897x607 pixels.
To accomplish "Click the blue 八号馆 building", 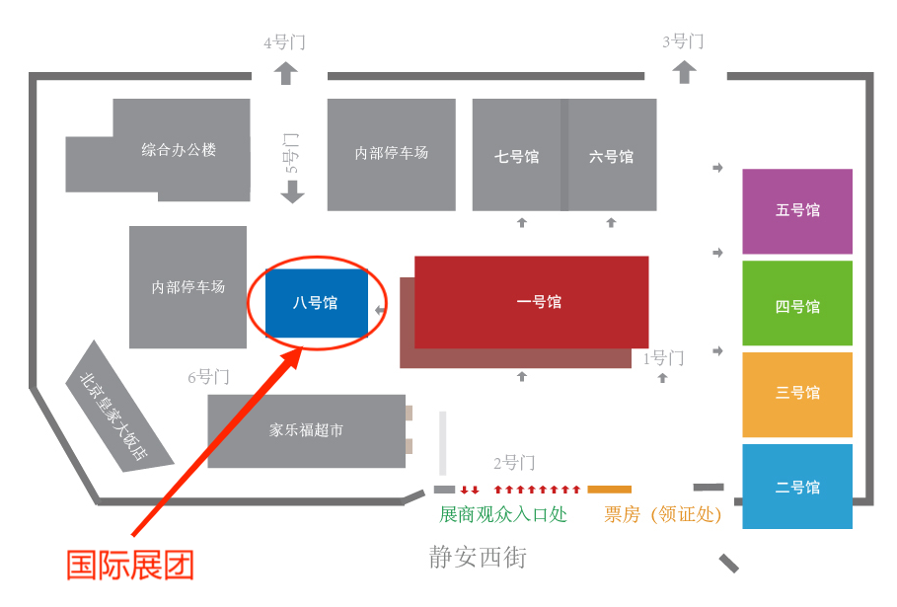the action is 317,303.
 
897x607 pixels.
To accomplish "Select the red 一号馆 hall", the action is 532,302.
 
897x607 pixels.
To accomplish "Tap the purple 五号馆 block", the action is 797,211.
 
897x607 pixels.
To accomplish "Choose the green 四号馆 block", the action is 797,303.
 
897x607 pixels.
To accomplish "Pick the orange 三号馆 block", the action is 797,395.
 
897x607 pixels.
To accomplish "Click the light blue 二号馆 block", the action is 797,487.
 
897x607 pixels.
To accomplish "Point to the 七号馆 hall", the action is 516,155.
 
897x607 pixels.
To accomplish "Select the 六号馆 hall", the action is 612,155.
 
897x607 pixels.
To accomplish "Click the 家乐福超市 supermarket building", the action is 307,430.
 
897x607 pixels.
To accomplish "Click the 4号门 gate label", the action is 284,42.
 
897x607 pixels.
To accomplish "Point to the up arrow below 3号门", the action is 684,73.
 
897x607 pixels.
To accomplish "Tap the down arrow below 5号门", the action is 292,192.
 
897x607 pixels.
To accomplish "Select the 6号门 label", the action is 209,377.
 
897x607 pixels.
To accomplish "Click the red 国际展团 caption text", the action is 130,566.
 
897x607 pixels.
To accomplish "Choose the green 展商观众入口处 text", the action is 503,514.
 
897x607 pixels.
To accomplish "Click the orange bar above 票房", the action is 609,490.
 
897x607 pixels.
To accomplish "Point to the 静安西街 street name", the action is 478,557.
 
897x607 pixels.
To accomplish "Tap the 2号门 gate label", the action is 514,463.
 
